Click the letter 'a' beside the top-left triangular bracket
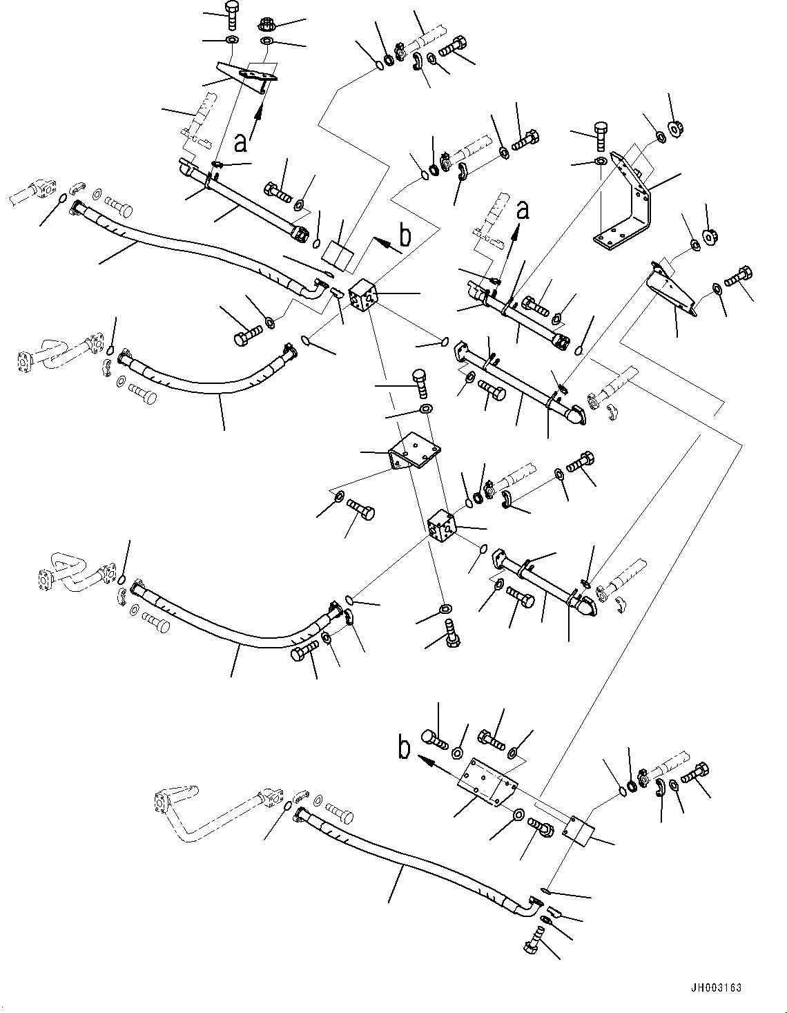coord(240,142)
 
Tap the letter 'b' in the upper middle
coord(405,236)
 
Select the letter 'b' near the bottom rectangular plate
coord(405,750)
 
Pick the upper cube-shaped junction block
coord(362,298)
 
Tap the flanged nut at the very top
coord(267,24)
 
